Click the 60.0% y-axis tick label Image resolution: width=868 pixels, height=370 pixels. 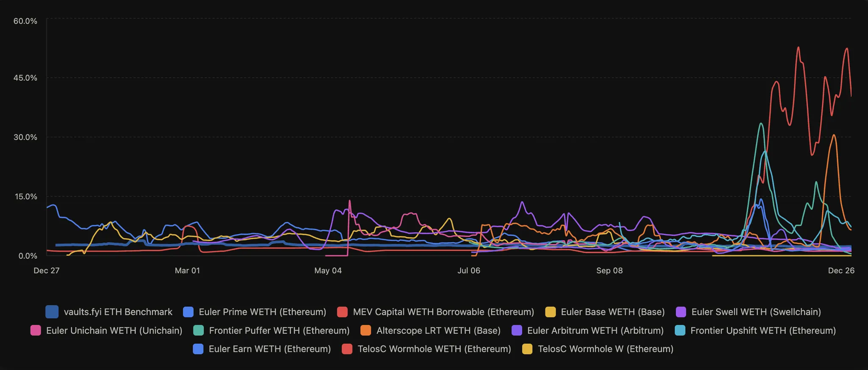tap(25, 21)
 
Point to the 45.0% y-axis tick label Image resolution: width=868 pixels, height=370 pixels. tap(25, 78)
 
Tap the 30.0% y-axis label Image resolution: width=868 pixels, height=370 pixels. tap(25, 137)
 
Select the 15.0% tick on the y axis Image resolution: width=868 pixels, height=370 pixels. tap(25, 197)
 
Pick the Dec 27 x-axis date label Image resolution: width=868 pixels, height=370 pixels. tap(47, 271)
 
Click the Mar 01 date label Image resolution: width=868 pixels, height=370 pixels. tap(187, 271)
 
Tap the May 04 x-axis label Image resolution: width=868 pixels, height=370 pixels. tap(328, 271)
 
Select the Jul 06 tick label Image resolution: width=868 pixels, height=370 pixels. tap(469, 271)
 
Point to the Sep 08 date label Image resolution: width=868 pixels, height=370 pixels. tap(609, 271)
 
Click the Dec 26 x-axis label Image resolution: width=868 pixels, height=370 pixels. tap(841, 271)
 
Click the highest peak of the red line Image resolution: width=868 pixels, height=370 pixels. tap(798, 47)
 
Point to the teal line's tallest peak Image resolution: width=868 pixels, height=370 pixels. tap(761, 123)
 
